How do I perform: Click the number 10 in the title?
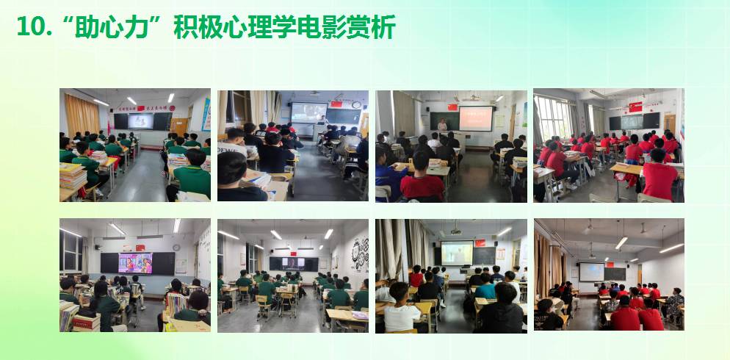[30, 27]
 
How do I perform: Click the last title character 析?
[385, 27]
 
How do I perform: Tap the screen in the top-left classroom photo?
[140, 121]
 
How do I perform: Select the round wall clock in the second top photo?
[356, 105]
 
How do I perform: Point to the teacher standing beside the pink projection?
[441, 124]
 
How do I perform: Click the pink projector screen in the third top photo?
[476, 119]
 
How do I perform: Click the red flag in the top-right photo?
[635, 107]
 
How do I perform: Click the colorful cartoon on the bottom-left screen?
[135, 263]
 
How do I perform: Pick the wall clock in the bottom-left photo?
[176, 248]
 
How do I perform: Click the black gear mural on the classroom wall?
[360, 253]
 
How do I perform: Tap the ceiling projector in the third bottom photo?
[455, 231]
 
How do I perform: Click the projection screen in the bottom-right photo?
[591, 272]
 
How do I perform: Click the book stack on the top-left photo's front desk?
[73, 176]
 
